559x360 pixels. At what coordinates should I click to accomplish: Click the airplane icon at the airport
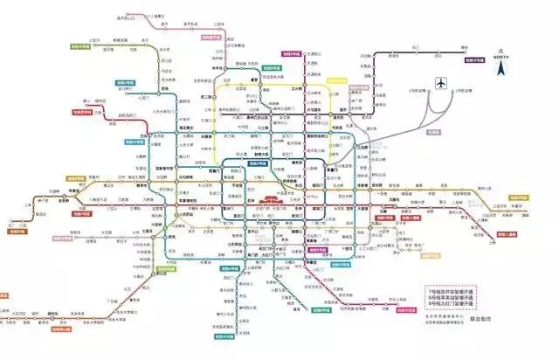pos(442,84)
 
